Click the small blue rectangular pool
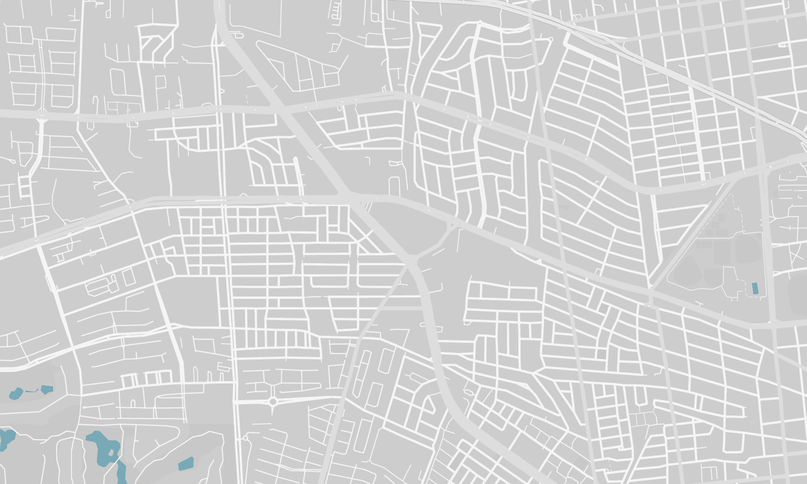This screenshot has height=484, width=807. tap(755, 289)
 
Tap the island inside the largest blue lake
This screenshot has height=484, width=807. tap(111, 453)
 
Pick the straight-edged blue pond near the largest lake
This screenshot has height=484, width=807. tap(186, 463)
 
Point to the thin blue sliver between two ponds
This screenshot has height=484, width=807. tap(32, 391)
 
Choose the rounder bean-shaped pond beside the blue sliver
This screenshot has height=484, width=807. tap(16, 394)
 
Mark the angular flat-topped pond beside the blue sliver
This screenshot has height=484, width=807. tap(47, 389)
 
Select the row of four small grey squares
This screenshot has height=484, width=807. tap(704, 244)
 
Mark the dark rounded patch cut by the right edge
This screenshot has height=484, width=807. tap(798, 294)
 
